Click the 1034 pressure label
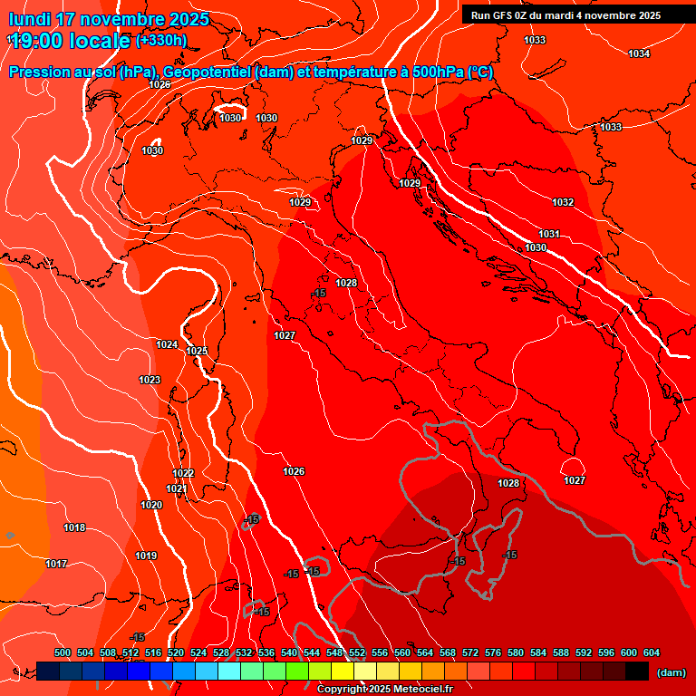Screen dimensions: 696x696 coord(639,54)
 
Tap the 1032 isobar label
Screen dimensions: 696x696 coord(563,202)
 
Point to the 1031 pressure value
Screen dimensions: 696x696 coord(549,234)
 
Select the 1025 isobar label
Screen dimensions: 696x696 coord(197,351)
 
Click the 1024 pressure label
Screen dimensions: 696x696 coord(167,344)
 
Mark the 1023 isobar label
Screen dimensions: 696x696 coord(150,380)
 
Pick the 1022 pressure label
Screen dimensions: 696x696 coord(183,473)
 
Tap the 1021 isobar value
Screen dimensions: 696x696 coord(177,488)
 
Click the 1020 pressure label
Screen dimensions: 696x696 coord(151,505)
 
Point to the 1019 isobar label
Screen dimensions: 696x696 coord(146,556)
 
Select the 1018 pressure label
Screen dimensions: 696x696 coord(74,527)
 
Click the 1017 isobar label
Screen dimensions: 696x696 coord(56,564)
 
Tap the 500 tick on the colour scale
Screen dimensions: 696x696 coord(63,652)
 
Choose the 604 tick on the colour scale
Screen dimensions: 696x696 coord(652,652)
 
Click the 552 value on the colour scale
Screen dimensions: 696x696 coord(357,652)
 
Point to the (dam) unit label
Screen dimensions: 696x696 coord(671,672)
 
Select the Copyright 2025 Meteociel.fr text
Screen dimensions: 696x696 coord(384,690)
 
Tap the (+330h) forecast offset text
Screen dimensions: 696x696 coord(161,40)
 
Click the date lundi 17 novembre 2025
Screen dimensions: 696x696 coord(109,19)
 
